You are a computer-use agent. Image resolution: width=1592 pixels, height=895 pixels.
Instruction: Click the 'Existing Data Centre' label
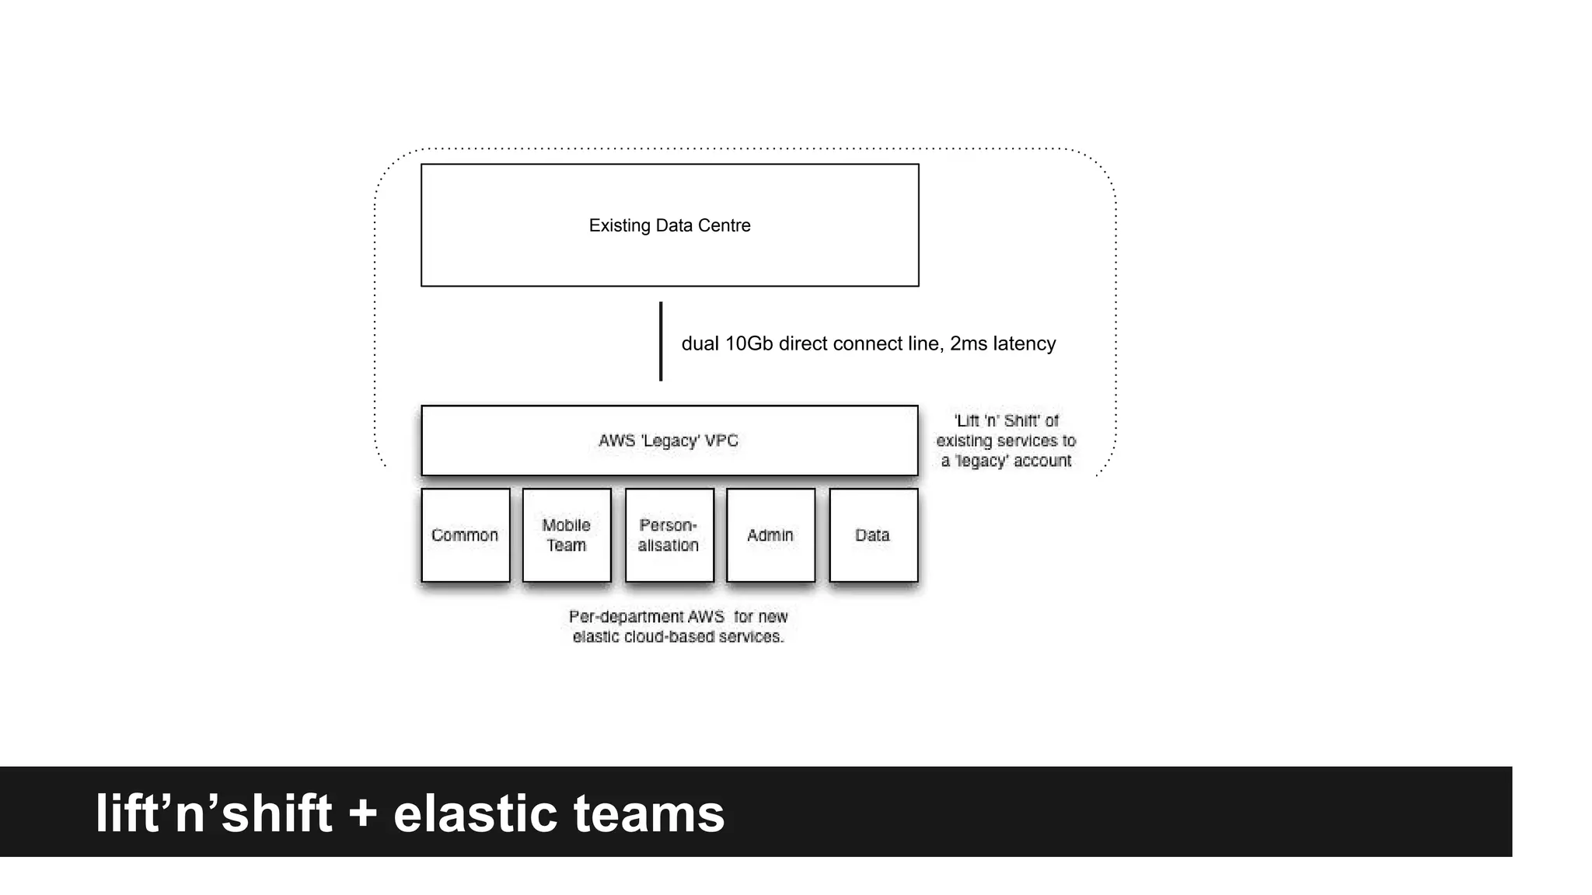click(669, 225)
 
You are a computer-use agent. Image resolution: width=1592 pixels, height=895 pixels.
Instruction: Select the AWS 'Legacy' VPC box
click(669, 441)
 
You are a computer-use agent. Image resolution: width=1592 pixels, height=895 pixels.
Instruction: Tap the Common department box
click(465, 535)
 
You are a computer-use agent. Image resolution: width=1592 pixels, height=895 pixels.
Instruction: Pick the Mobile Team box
click(567, 535)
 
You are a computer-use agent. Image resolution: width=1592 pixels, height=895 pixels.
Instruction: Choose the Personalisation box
click(669, 535)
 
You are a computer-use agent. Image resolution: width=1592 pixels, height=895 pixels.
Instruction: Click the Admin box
click(770, 535)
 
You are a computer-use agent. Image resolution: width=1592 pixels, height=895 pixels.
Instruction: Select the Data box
click(873, 535)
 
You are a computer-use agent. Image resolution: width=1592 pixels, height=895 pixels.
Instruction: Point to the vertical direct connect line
click(661, 342)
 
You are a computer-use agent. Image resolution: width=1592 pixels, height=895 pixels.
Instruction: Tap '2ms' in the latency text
click(969, 343)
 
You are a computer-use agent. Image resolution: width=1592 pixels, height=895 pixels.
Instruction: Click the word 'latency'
click(1024, 343)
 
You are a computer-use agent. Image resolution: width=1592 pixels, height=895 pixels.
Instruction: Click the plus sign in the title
click(362, 814)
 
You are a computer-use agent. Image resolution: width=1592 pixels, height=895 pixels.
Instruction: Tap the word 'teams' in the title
click(648, 813)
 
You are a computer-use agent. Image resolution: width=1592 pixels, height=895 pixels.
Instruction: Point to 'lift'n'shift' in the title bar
click(214, 813)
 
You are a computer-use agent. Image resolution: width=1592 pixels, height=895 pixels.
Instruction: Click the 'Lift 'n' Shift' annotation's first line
click(1006, 420)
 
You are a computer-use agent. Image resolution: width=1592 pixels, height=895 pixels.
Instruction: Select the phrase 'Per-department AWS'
click(646, 617)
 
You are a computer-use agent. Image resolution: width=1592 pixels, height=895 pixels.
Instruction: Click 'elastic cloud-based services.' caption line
click(678, 637)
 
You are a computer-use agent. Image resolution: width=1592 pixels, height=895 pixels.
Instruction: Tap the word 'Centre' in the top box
click(724, 225)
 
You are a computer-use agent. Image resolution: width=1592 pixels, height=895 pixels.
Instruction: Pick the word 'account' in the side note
click(1042, 461)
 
